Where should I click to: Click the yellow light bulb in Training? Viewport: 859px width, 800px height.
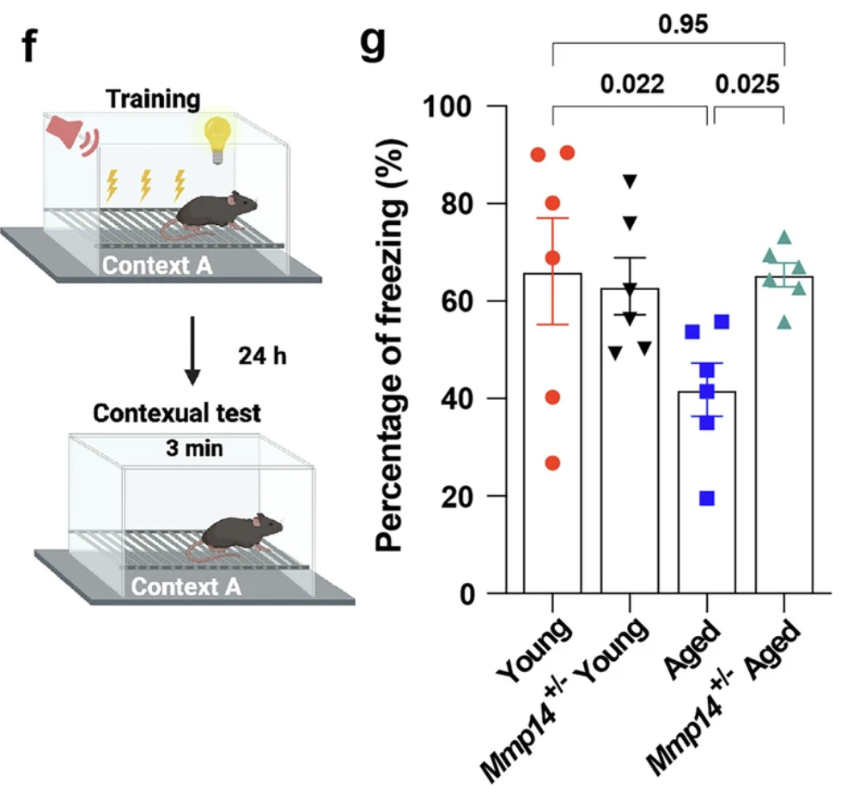pyautogui.click(x=216, y=136)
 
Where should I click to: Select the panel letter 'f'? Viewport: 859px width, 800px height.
pyautogui.click(x=31, y=45)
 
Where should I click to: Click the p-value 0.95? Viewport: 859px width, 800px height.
pyautogui.click(x=683, y=25)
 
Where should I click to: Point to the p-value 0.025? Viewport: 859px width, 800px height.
pyautogui.click(x=748, y=83)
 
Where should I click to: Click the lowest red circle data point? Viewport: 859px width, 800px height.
pyautogui.click(x=552, y=464)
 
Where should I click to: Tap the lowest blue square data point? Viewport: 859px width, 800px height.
pyautogui.click(x=707, y=499)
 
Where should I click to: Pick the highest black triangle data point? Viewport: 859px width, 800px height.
pyautogui.click(x=631, y=181)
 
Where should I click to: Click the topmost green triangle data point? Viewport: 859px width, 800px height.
pyautogui.click(x=784, y=237)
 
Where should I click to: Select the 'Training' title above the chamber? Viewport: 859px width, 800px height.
pyautogui.click(x=152, y=99)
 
